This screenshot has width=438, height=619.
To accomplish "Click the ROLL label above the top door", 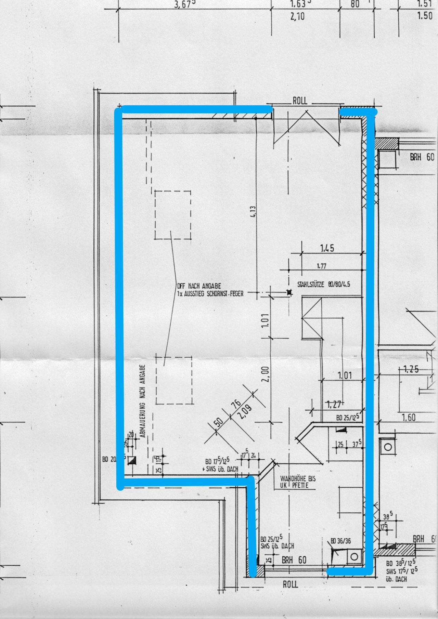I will (x=300, y=101).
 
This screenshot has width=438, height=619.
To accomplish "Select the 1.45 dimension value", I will (x=327, y=248).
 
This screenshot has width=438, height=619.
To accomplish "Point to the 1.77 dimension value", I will (x=321, y=266).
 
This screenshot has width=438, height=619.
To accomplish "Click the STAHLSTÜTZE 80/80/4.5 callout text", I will (x=323, y=284).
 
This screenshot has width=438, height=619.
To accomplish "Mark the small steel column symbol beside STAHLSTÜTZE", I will (x=289, y=292).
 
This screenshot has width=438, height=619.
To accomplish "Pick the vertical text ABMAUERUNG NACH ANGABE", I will (x=143, y=401).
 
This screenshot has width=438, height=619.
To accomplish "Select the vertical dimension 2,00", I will (x=267, y=374).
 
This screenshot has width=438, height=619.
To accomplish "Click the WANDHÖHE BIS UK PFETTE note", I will (x=298, y=482).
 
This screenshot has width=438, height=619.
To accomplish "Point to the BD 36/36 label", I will (x=340, y=541).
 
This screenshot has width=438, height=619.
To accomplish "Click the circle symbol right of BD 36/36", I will (x=355, y=557).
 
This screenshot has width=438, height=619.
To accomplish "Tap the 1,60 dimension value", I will (x=409, y=418).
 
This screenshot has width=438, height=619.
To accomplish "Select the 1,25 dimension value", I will (x=411, y=369).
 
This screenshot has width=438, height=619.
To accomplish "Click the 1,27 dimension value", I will (x=334, y=405).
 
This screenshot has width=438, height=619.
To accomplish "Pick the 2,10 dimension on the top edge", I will (x=297, y=16).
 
